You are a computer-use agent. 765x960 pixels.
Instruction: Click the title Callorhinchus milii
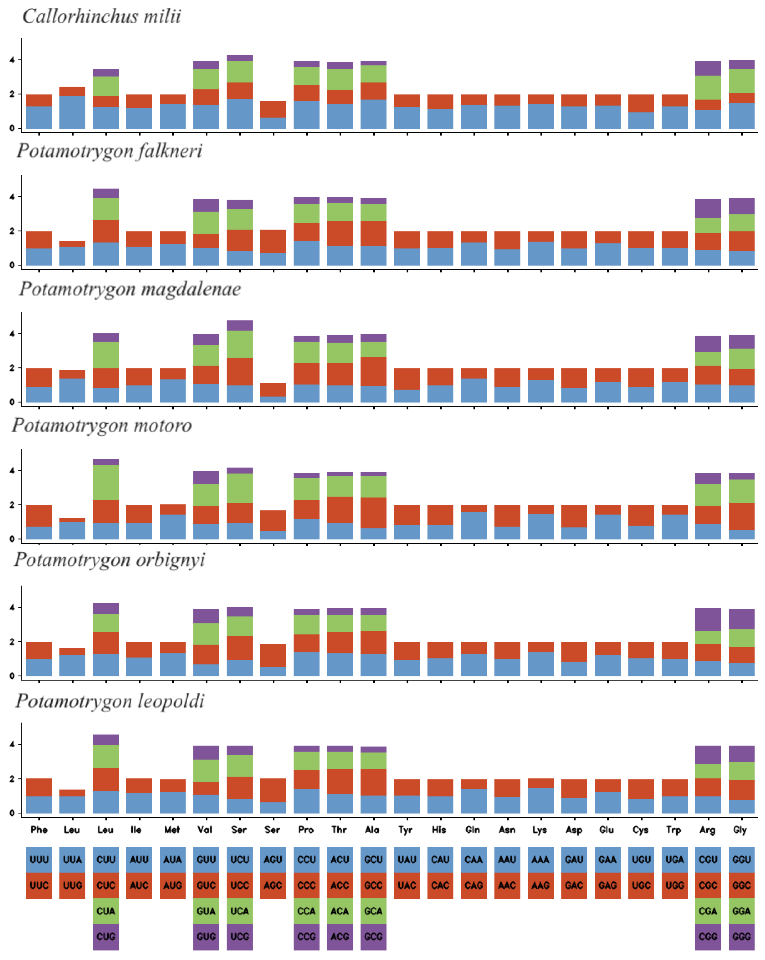tap(102, 17)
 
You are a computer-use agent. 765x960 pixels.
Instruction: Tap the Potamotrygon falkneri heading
tap(109, 151)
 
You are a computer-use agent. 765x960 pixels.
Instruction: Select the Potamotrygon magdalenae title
tap(129, 289)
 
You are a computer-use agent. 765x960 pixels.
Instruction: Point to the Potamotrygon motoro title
tap(102, 425)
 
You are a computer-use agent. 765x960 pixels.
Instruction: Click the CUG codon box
tap(106, 936)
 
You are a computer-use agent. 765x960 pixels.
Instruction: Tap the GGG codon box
tap(741, 936)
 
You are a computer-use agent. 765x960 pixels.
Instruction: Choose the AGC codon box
tap(273, 885)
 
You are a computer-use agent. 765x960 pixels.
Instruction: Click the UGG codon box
tap(675, 885)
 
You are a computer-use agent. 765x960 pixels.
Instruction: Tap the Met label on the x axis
tap(172, 829)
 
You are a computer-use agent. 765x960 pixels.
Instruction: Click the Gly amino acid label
tap(740, 829)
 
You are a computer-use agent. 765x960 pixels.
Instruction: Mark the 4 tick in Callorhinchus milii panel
tap(12, 60)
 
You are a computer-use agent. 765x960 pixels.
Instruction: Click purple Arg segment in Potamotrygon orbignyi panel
tap(708, 619)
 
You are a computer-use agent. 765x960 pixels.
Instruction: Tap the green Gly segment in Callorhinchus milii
tap(741, 81)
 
